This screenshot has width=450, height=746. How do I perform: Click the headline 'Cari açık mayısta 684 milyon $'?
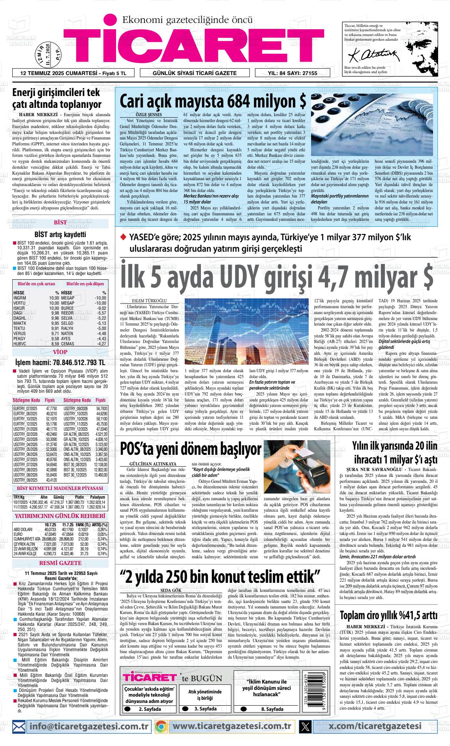click(213, 102)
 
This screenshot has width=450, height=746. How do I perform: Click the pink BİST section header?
click(60, 222)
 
